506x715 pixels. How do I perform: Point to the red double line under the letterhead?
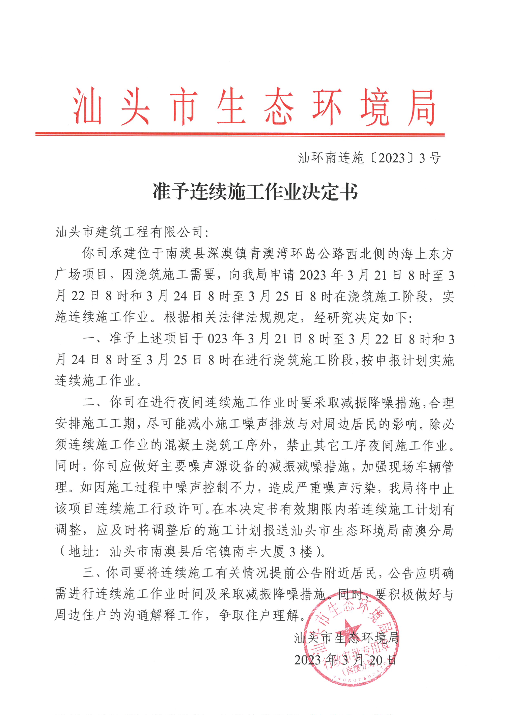(x=240, y=134)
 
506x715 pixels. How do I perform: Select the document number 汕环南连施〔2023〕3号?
(x=369, y=158)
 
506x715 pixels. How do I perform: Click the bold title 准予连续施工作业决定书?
(x=255, y=192)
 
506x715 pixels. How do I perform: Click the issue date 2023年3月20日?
(x=345, y=659)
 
